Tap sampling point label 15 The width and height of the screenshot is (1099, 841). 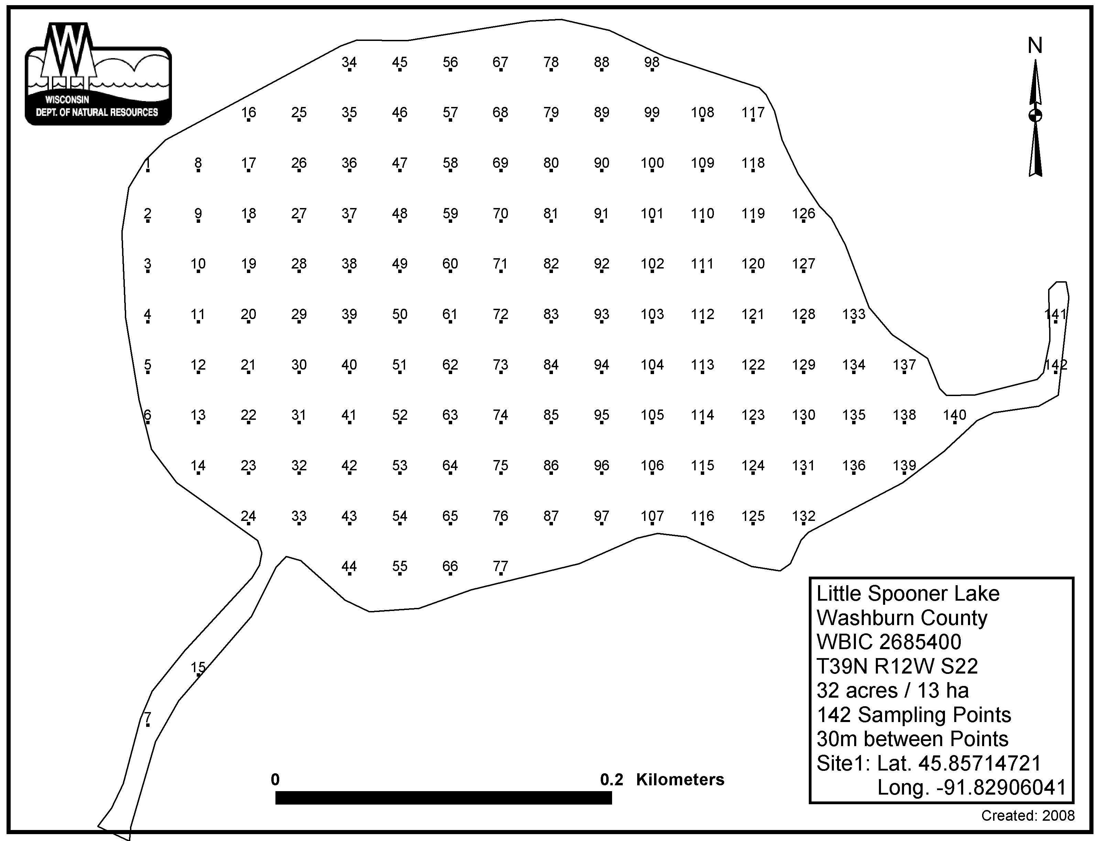tap(198, 668)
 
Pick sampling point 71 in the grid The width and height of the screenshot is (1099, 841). tap(501, 264)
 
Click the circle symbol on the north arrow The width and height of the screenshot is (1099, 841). tap(1035, 116)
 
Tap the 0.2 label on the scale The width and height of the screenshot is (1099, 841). tap(611, 779)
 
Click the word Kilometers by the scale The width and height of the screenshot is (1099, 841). tap(680, 779)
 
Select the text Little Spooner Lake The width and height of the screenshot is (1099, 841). tap(908, 594)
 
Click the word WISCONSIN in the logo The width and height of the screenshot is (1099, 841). tap(67, 100)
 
